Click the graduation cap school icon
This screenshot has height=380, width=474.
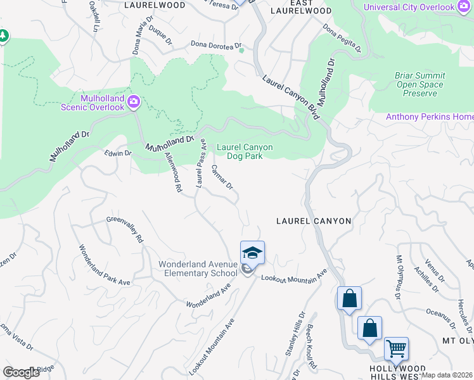(x=252, y=253)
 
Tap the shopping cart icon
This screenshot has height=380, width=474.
(x=396, y=347)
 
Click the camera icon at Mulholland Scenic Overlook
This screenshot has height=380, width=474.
(x=134, y=101)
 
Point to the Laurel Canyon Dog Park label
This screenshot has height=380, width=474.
(x=245, y=152)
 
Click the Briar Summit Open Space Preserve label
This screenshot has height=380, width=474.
(x=420, y=84)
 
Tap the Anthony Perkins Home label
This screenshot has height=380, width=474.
(x=430, y=117)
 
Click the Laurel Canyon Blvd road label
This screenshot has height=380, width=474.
(x=292, y=99)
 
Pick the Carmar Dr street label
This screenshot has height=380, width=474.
(x=222, y=177)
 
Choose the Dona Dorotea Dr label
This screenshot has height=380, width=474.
(x=217, y=46)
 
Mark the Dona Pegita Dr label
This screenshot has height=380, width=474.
(x=341, y=39)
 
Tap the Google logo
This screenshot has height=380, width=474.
(x=22, y=372)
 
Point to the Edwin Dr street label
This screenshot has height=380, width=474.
(x=118, y=153)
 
